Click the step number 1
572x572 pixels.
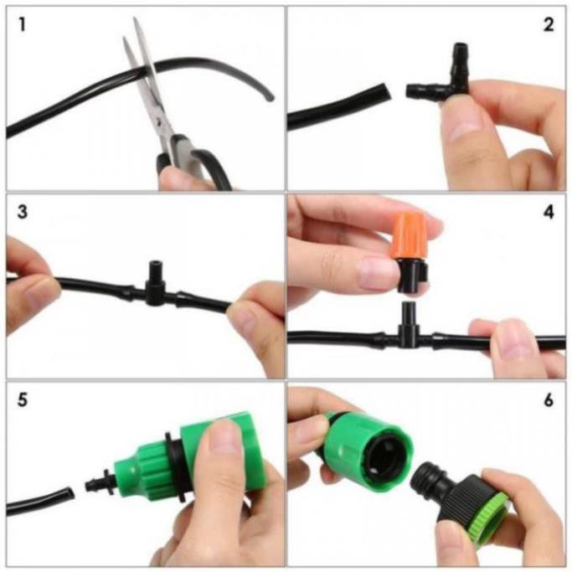[x=22, y=25]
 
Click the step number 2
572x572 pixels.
[x=549, y=25]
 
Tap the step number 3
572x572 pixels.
[x=22, y=213]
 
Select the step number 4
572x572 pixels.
[x=549, y=213]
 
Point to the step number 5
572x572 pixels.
[x=22, y=400]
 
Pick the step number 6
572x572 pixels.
[x=549, y=400]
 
